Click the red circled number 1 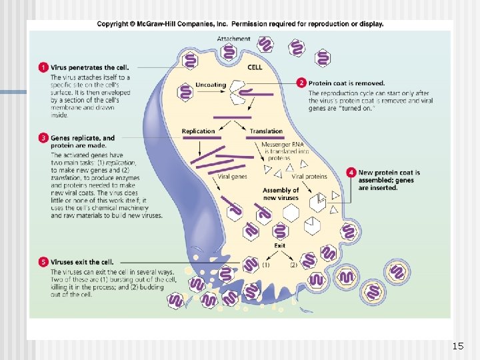click(x=43, y=67)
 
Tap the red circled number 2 click(x=301, y=83)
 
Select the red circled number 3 click(x=43, y=138)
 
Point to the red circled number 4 click(x=351, y=173)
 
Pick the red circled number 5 click(x=43, y=262)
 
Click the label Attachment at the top click(x=233, y=39)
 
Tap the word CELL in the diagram click(x=255, y=67)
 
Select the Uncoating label click(x=211, y=85)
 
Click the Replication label click(x=198, y=131)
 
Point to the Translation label click(x=266, y=131)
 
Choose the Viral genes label click(x=232, y=177)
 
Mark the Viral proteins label click(x=309, y=177)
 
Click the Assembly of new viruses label click(x=281, y=194)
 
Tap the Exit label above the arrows click(x=280, y=245)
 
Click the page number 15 click(x=457, y=346)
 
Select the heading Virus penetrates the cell click(x=90, y=67)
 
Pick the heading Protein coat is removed click(x=342, y=83)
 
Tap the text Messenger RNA click(x=285, y=145)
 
